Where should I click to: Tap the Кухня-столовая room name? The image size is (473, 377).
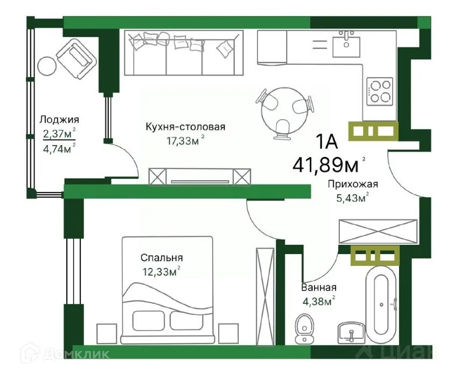point(185,127)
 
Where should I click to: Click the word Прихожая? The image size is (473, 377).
point(353,184)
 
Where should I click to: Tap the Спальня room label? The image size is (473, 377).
point(162,258)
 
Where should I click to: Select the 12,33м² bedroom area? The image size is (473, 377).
point(161,271)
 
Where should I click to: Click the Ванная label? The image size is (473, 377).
point(319,287)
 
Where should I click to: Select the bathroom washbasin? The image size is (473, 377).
point(352,332)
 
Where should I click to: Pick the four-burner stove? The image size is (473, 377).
point(380,91)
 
